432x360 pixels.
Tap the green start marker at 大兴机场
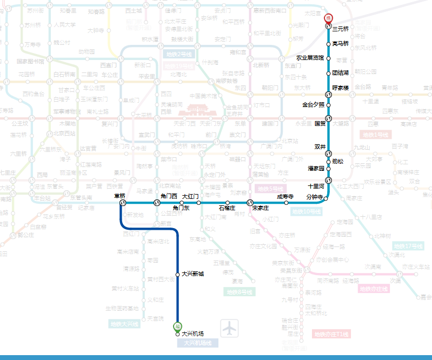click(x=177, y=326)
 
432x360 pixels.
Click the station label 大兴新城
click(x=193, y=274)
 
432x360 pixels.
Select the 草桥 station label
click(x=119, y=196)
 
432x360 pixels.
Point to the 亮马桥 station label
click(x=341, y=43)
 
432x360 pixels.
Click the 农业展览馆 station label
click(x=310, y=58)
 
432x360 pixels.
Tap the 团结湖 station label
click(x=341, y=72)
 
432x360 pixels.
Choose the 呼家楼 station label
click(x=341, y=88)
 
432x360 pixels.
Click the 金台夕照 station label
click(x=313, y=104)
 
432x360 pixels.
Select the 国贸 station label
click(x=320, y=123)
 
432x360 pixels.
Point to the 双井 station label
click(x=320, y=146)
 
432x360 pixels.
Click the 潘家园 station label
click(x=316, y=169)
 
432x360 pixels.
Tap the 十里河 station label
click(x=316, y=186)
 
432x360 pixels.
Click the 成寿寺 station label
click(x=285, y=196)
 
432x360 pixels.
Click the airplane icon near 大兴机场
click(x=230, y=328)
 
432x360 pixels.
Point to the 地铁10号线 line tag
click(x=307, y=211)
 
